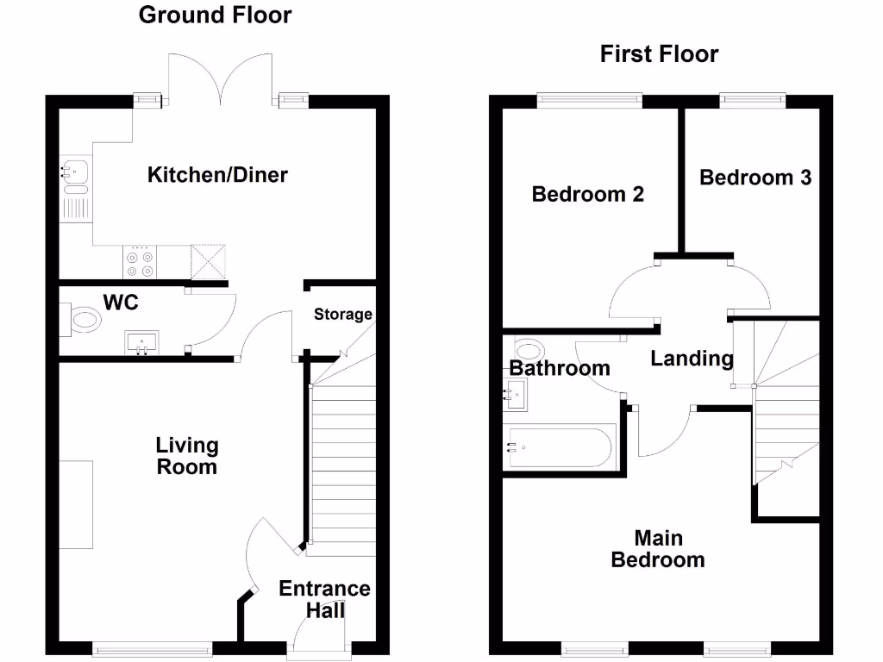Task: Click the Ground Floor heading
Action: pyautogui.click(x=215, y=15)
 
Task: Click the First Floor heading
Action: pyautogui.click(x=659, y=54)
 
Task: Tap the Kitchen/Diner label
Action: pyautogui.click(x=217, y=175)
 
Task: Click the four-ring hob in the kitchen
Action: pyautogui.click(x=141, y=262)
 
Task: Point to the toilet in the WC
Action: pyautogui.click(x=81, y=321)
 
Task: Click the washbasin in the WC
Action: pyautogui.click(x=141, y=342)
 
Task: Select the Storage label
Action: pyautogui.click(x=342, y=315)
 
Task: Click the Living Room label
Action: pyautogui.click(x=186, y=456)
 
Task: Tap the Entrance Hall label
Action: pyautogui.click(x=324, y=599)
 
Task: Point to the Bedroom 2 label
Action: pyautogui.click(x=587, y=194)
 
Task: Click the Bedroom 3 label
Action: pyautogui.click(x=755, y=178)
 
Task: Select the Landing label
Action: pyautogui.click(x=692, y=358)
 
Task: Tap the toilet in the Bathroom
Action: pyautogui.click(x=528, y=350)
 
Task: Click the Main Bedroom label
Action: pyautogui.click(x=658, y=548)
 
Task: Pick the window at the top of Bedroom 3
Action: pyautogui.click(x=753, y=101)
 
